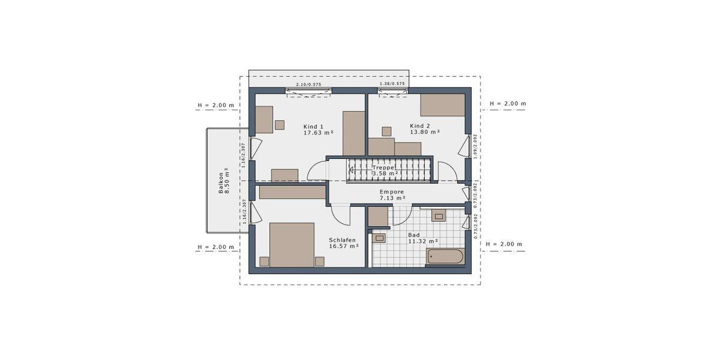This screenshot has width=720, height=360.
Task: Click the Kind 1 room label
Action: (314, 127)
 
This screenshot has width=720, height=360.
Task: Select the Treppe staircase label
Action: (383, 167)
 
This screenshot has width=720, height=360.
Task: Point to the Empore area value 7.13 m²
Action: (392, 197)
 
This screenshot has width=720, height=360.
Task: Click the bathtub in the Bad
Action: (445, 257)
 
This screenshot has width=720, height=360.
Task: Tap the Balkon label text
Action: (221, 180)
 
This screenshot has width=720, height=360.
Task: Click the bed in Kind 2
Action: (442, 104)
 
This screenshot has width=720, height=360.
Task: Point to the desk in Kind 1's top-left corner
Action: (264, 119)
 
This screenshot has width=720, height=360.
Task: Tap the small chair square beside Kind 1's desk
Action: (280, 125)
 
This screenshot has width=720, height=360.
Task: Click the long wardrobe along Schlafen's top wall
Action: (292, 192)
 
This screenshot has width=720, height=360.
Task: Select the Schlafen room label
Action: (342, 239)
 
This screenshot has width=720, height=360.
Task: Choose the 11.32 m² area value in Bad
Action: (423, 241)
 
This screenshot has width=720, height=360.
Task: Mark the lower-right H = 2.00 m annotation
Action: (504, 244)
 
